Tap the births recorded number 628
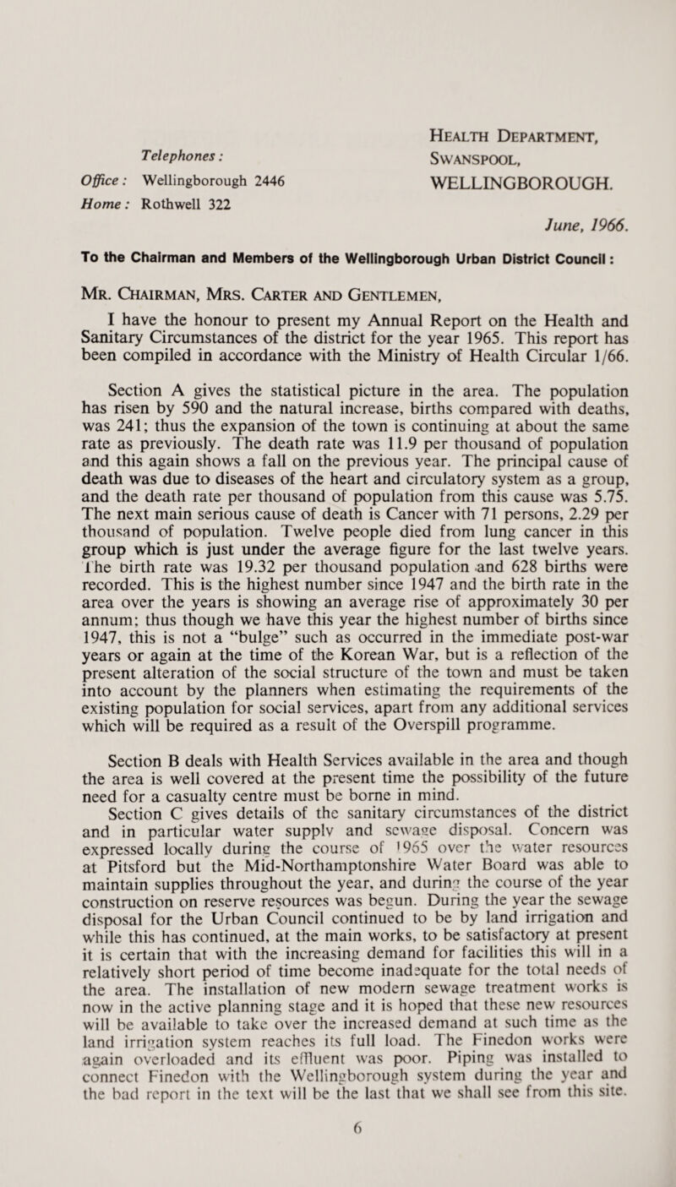(x=476, y=494)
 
